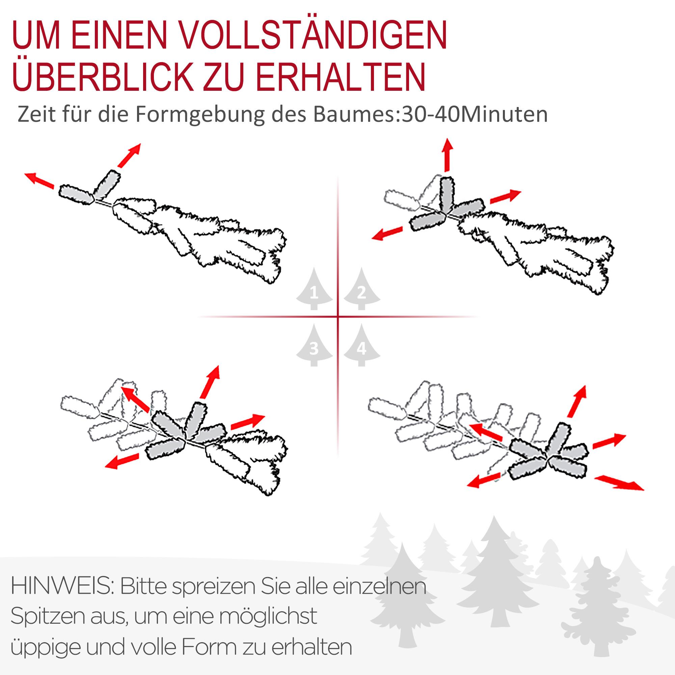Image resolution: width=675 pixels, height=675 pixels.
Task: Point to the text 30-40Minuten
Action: click(x=475, y=114)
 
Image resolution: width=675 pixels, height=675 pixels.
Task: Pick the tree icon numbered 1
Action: click(x=314, y=290)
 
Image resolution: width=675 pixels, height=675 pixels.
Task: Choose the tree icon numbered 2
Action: click(x=361, y=290)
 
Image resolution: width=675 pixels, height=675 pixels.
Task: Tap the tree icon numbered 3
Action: click(x=314, y=346)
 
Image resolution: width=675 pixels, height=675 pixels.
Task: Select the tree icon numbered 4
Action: click(x=361, y=346)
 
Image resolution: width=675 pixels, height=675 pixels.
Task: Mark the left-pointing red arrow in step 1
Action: click(x=39, y=181)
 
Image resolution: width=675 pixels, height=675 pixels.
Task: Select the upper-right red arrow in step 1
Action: click(x=129, y=155)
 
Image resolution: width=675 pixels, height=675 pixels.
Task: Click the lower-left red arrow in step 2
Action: click(x=387, y=233)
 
